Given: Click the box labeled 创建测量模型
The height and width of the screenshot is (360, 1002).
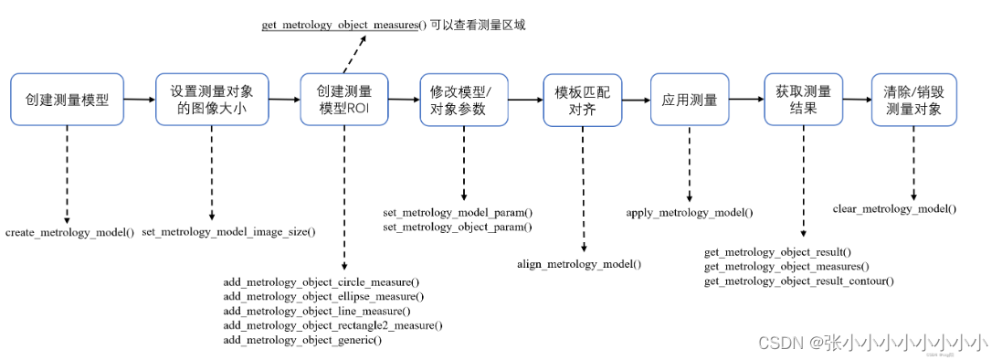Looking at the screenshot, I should [x=67, y=99].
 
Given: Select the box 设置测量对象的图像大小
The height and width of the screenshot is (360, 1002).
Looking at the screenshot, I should [x=211, y=99].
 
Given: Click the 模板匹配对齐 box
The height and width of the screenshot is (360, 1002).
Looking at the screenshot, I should [x=582, y=99].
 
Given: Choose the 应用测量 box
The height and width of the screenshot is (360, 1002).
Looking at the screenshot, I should [x=690, y=99].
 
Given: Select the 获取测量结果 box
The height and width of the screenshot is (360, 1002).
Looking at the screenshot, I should [x=804, y=99].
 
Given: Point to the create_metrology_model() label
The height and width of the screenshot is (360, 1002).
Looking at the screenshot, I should [x=69, y=232].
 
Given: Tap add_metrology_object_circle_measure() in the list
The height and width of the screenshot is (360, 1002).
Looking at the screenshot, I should [x=322, y=281].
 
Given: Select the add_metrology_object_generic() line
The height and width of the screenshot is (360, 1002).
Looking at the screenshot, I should [x=302, y=340].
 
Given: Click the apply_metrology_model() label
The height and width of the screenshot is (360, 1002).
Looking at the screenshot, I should [x=690, y=213].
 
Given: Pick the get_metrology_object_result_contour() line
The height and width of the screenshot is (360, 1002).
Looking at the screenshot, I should [x=798, y=281].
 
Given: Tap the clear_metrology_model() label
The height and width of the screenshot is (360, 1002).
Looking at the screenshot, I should [x=894, y=208].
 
